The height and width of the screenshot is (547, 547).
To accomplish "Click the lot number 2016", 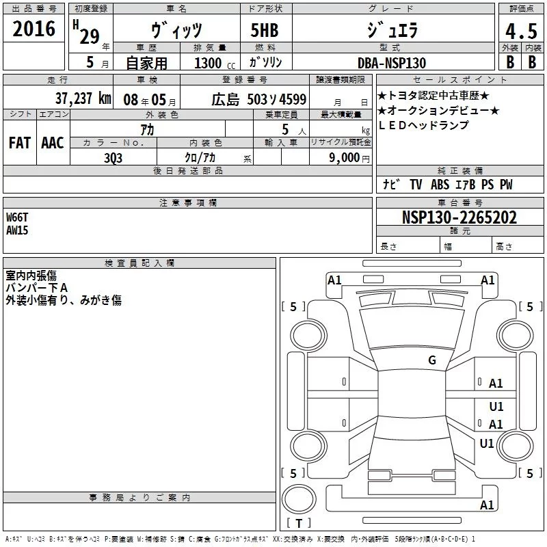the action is (x=34, y=29).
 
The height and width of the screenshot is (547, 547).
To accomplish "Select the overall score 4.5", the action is (x=521, y=31).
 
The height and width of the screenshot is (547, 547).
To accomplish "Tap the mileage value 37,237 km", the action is (x=83, y=98).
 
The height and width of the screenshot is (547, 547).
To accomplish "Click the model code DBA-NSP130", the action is (x=392, y=63).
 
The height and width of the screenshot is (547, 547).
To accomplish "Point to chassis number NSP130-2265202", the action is (x=459, y=217).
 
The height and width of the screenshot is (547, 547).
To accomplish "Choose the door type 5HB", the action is (x=265, y=30).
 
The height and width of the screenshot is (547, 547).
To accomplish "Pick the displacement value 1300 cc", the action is (x=215, y=63).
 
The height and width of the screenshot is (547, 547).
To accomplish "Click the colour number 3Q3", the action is (x=114, y=158).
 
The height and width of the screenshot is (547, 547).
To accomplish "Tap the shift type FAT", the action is (x=20, y=143).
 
